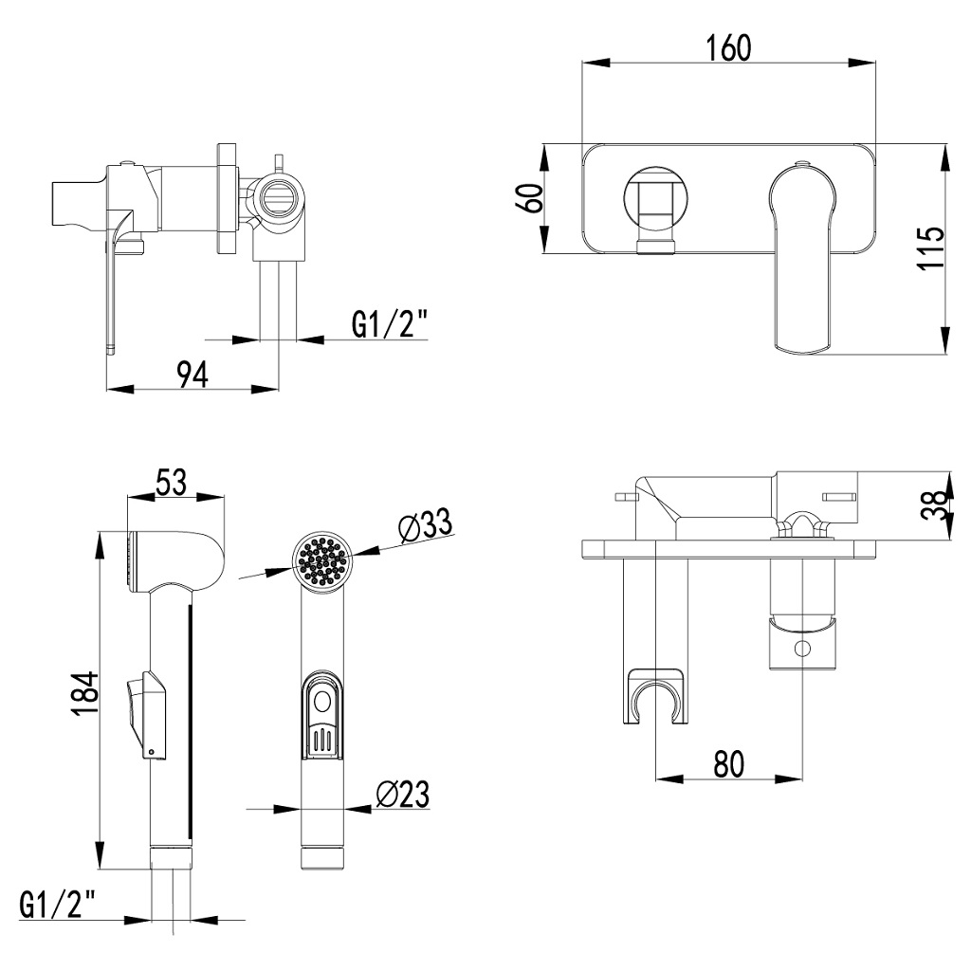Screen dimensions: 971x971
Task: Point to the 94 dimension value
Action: tap(192, 375)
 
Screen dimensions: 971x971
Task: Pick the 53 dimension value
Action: tap(171, 482)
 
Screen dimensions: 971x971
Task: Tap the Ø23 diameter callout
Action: tap(403, 794)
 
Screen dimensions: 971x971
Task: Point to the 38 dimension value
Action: tap(933, 503)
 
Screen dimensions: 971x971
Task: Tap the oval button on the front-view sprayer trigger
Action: tap(322, 703)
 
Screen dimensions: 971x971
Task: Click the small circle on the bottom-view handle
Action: tap(803, 649)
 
